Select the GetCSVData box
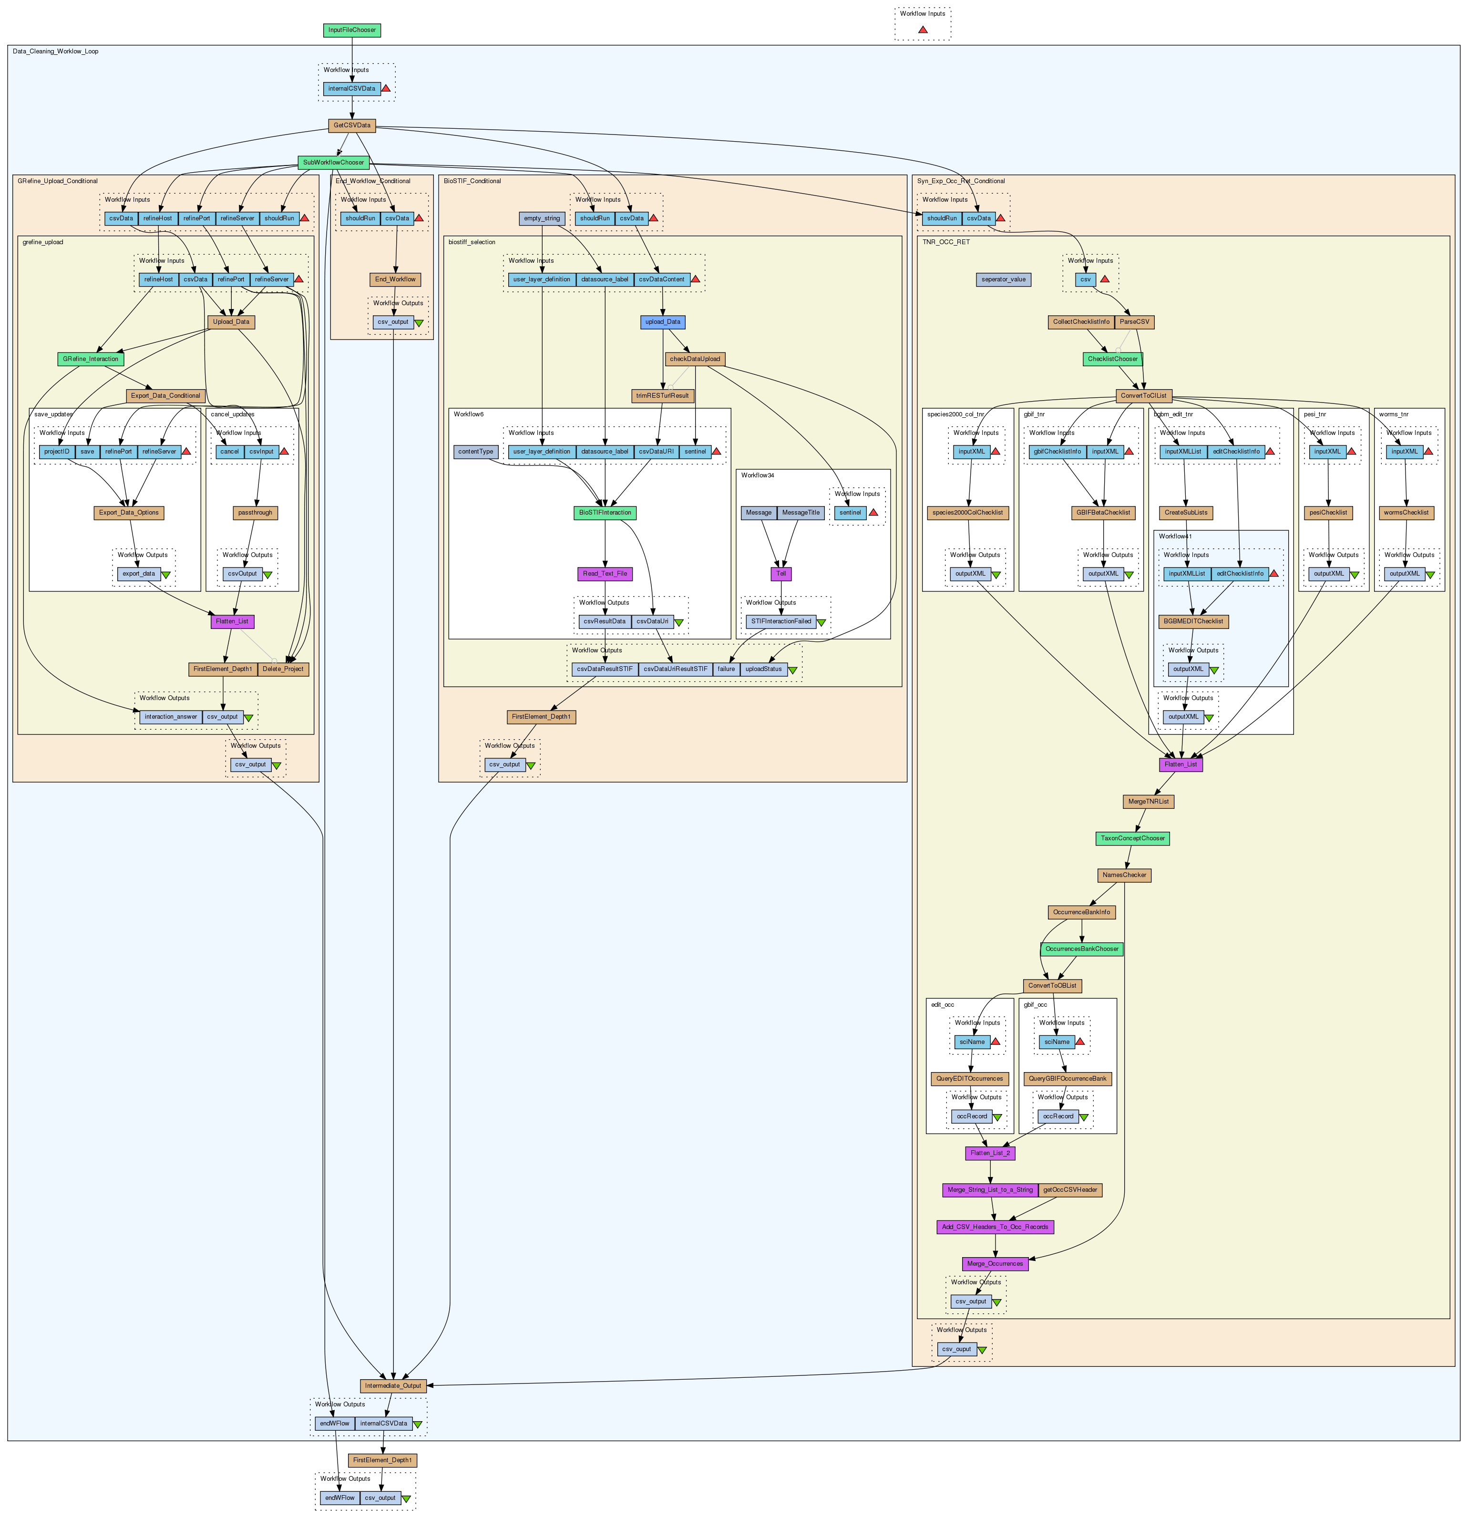tap(351, 125)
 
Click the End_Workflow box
tap(396, 279)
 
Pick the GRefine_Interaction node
tap(91, 360)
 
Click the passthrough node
tap(256, 513)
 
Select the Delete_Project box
tap(283, 669)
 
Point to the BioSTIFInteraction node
tap(606, 513)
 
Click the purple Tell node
tap(781, 574)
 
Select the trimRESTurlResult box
tap(663, 396)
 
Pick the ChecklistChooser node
tap(1113, 360)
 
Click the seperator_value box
tap(1004, 279)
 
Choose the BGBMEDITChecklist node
tap(1193, 621)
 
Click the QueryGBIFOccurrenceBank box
tap(1068, 1079)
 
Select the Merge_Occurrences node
tap(995, 1264)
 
